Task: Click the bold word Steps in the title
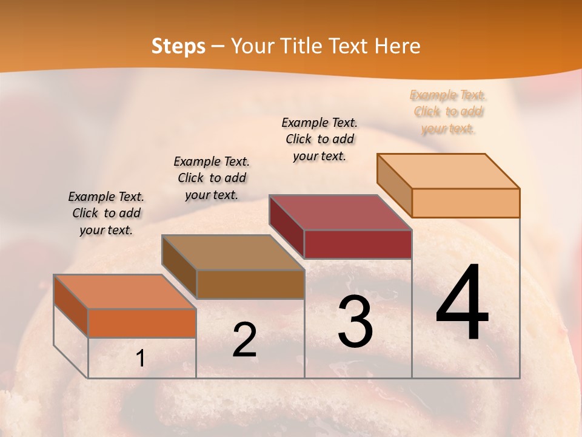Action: click(x=178, y=46)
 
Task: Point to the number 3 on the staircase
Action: click(x=355, y=322)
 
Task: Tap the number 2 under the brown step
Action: click(x=244, y=340)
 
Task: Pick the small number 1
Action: click(x=140, y=359)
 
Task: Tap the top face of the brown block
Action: click(x=233, y=252)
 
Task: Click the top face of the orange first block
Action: click(x=125, y=292)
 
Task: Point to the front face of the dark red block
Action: click(x=358, y=244)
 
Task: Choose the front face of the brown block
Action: click(x=250, y=284)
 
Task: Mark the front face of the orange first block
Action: click(x=142, y=323)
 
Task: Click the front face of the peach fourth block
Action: click(x=466, y=203)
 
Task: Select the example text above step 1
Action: click(x=106, y=213)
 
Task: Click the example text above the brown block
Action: click(x=212, y=178)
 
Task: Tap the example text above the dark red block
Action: click(x=319, y=139)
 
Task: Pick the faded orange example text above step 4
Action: click(x=448, y=112)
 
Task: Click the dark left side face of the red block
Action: click(x=286, y=226)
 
